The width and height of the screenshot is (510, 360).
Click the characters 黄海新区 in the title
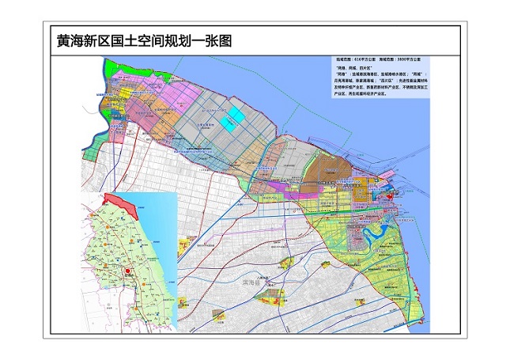click(77, 40)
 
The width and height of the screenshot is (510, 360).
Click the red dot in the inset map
click(126, 271)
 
